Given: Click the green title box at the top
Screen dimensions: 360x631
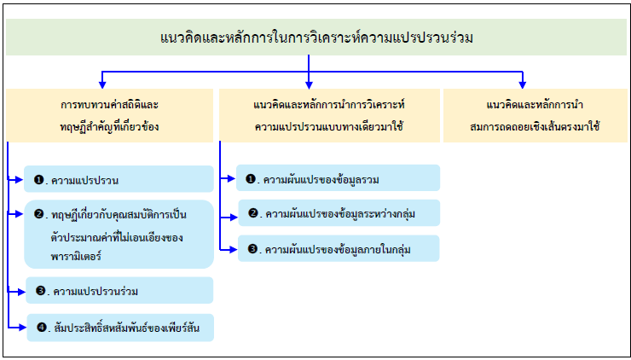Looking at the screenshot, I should [x=315, y=38].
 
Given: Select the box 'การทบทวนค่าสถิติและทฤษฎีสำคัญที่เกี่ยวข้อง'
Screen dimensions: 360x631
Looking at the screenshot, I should [x=109, y=115].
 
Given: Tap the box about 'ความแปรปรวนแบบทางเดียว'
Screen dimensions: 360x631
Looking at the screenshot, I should [x=328, y=115].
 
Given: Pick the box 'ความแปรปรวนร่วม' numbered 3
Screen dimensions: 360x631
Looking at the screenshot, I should [x=119, y=291].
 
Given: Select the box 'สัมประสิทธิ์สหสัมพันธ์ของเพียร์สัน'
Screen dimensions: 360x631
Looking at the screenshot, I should [x=119, y=328].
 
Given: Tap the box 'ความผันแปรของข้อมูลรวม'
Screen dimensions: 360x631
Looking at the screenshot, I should [x=339, y=178].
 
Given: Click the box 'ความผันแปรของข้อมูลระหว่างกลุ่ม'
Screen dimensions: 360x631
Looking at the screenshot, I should [x=339, y=212].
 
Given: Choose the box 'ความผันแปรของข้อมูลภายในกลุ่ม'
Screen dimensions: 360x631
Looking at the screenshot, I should [x=339, y=248].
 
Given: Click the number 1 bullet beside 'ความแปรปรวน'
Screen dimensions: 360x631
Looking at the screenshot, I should [x=38, y=180].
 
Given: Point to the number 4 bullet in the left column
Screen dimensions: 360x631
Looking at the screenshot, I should [x=40, y=328].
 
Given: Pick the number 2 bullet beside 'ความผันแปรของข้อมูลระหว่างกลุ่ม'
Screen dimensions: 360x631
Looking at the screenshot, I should [x=253, y=212].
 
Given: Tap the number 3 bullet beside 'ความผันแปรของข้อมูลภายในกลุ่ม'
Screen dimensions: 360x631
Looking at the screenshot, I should [x=253, y=249].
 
